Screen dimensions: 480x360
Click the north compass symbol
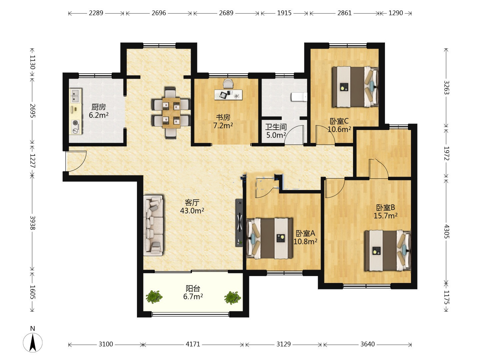(x=33, y=342)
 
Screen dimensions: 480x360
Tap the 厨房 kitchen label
(x=99, y=107)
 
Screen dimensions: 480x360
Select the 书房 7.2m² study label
(x=223, y=121)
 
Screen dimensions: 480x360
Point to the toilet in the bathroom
(x=299, y=97)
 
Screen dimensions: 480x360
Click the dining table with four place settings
(x=171, y=113)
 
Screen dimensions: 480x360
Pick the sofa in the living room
(x=153, y=225)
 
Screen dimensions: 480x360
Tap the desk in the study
(x=228, y=95)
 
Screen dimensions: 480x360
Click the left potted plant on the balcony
(x=154, y=297)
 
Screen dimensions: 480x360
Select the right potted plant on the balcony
(x=232, y=297)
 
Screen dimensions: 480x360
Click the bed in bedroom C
(x=355, y=87)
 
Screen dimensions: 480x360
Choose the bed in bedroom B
(x=387, y=250)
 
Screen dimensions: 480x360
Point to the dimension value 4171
(x=193, y=344)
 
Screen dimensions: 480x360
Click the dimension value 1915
(x=284, y=13)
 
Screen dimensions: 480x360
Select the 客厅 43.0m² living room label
(x=192, y=207)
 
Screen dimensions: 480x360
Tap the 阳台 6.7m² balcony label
(x=193, y=292)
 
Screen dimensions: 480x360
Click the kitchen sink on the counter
(x=75, y=96)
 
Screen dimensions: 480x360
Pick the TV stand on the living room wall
(x=239, y=223)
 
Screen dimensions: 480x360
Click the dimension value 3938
(x=32, y=223)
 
